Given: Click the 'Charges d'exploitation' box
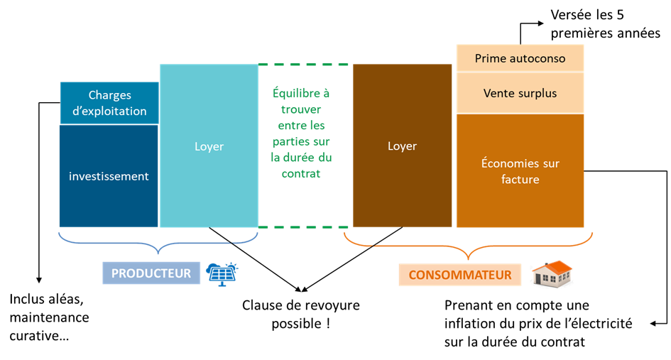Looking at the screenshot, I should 109,103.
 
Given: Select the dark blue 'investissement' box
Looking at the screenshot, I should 109,176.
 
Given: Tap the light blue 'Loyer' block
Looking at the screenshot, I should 209,146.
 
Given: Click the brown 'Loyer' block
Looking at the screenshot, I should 402,146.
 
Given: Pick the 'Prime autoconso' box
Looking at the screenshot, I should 520,58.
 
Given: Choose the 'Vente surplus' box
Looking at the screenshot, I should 520,93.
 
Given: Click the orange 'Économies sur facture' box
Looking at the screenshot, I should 520,171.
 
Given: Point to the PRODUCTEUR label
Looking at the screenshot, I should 151,273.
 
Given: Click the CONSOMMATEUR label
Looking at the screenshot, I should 459,275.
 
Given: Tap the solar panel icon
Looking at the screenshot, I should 222,273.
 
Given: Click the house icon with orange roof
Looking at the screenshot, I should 552,274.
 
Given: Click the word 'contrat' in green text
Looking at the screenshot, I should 301,174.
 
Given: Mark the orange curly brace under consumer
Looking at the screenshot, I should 468,246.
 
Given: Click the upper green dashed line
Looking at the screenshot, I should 305,65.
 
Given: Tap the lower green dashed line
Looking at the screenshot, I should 305,227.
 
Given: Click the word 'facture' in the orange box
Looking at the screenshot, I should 520,180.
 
